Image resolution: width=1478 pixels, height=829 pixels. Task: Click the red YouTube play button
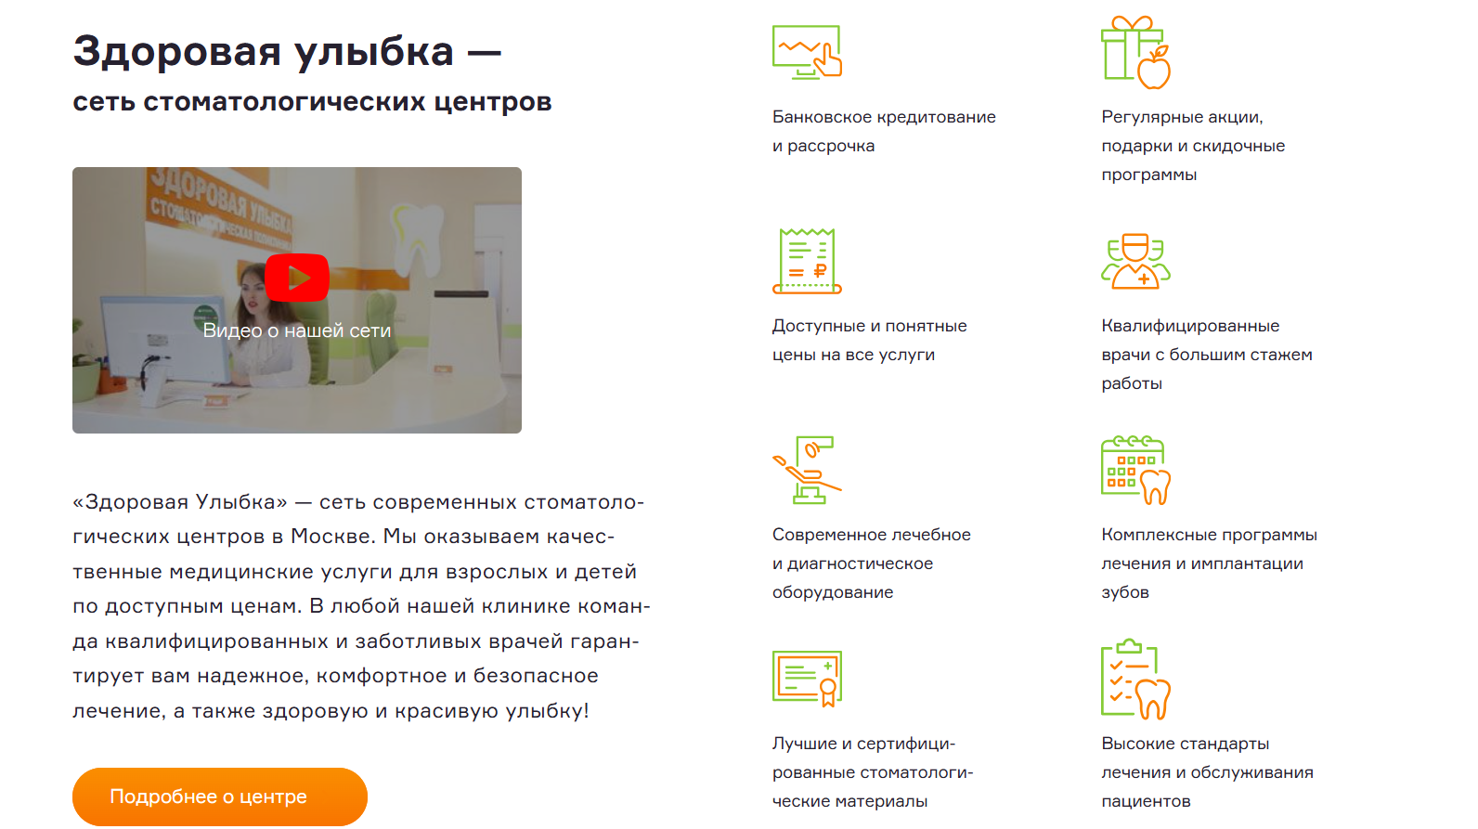[297, 278]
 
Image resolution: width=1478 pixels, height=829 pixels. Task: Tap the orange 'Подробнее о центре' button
[220, 797]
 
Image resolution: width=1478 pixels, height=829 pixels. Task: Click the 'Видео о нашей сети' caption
[297, 330]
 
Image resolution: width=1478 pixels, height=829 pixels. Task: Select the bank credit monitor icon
[807, 52]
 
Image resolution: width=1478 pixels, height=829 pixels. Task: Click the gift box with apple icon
[1135, 53]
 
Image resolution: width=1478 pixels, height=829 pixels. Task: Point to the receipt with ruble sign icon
[807, 262]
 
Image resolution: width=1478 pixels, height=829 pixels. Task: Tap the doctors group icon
[1135, 262]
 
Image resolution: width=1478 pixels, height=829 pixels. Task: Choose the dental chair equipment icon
[807, 471]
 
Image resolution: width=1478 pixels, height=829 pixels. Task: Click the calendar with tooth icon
[1135, 471]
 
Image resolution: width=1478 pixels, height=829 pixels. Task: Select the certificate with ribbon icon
[807, 679]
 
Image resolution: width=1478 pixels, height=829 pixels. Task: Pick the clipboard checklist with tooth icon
[1135, 680]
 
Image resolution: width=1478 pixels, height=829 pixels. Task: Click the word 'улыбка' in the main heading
[375, 52]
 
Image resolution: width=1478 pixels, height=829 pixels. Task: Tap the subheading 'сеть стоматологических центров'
[312, 101]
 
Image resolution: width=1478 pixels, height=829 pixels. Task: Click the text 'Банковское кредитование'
[883, 117]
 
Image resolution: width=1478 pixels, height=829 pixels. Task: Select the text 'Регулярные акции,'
[1182, 117]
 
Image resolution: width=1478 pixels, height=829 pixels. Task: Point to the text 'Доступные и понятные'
[869, 326]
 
